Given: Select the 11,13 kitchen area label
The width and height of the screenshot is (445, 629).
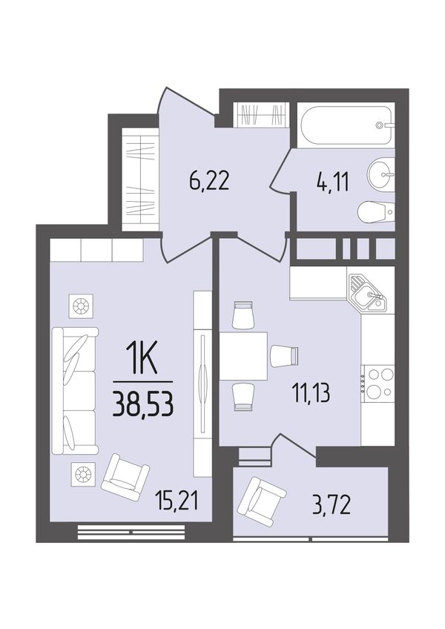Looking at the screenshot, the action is [311, 394].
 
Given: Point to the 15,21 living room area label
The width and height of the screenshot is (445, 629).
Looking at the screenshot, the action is [178, 501].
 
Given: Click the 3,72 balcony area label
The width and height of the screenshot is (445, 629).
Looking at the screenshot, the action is [332, 505].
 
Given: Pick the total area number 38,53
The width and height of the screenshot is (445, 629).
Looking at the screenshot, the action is [143, 404].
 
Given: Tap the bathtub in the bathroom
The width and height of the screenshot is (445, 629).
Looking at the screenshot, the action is [346, 125].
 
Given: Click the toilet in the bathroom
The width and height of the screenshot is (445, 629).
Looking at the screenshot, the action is [375, 211].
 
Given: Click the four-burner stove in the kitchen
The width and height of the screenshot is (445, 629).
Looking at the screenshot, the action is [378, 383].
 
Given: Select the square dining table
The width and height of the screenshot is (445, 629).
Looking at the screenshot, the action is [243, 356].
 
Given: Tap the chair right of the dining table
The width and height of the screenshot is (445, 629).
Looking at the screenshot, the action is [284, 356].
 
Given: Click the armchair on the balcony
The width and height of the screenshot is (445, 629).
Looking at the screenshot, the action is [261, 501].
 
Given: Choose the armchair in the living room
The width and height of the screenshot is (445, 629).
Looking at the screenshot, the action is [126, 477].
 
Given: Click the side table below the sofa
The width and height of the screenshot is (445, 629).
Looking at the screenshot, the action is [82, 475].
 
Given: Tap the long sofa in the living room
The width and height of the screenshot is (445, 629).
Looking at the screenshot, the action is [75, 391].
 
